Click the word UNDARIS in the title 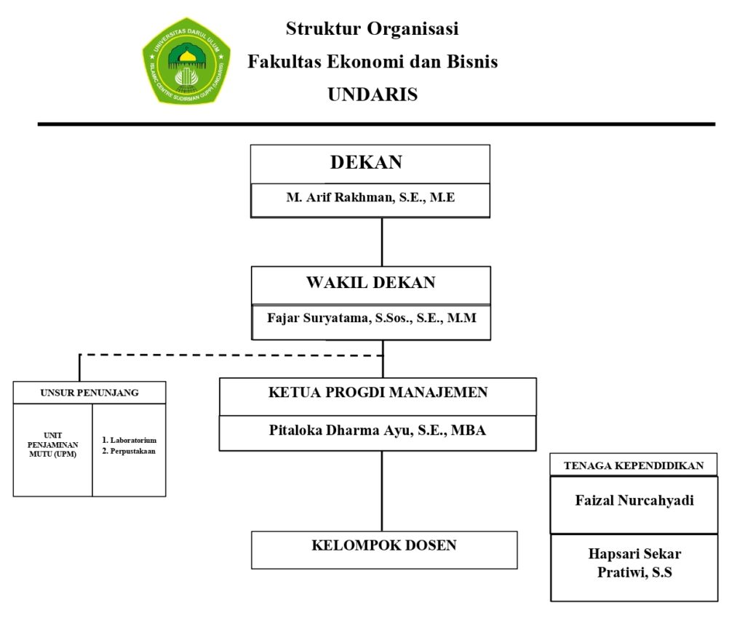pyautogui.click(x=372, y=95)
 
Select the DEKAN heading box pyautogui.click(x=370, y=163)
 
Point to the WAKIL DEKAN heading pyautogui.click(x=370, y=283)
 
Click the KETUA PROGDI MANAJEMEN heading pyautogui.click(x=378, y=393)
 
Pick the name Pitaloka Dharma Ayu pyautogui.click(x=378, y=430)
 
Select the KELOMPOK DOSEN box pyautogui.click(x=384, y=545)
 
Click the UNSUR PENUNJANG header pyautogui.click(x=89, y=393)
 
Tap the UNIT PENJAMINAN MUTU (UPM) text pyautogui.click(x=52, y=445)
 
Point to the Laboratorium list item pyautogui.click(x=130, y=441)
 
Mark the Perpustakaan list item pyautogui.click(x=130, y=451)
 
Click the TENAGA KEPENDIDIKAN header pyautogui.click(x=634, y=465)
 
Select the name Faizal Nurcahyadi pyautogui.click(x=634, y=500)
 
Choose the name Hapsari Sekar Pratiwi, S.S pyautogui.click(x=634, y=564)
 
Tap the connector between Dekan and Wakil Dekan pyautogui.click(x=382, y=241)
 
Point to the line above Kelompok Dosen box pyautogui.click(x=382, y=491)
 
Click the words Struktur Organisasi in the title pyautogui.click(x=372, y=30)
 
